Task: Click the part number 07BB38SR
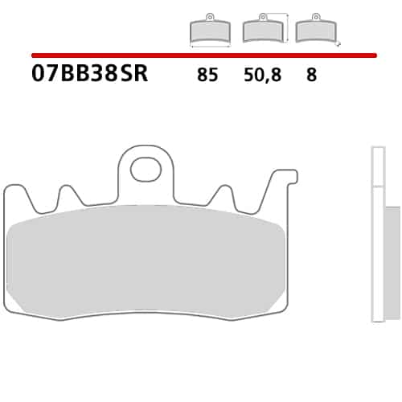tap(89, 74)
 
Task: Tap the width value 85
tap(207, 75)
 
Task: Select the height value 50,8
tap(262, 75)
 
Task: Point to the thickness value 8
tap(311, 75)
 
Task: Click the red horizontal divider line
tap(204, 55)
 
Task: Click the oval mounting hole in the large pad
tap(146, 170)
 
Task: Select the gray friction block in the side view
tap(392, 263)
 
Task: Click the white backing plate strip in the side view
tap(378, 234)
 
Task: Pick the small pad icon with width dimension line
tap(210, 30)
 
